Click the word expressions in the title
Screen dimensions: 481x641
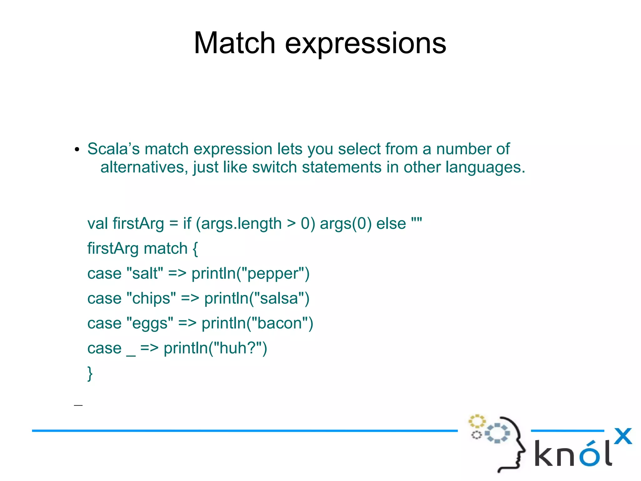(365, 44)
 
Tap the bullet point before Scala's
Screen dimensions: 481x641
(77, 150)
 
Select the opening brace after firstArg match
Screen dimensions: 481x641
(195, 249)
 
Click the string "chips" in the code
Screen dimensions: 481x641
(151, 298)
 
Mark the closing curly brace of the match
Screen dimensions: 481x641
(90, 373)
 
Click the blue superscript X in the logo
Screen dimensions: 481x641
(623, 436)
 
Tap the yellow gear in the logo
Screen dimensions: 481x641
(477, 421)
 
